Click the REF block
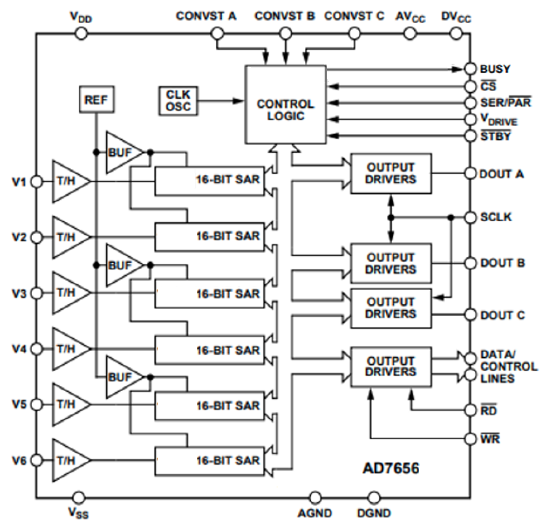[96, 100]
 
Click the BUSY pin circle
[470, 69]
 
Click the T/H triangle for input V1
[68, 181]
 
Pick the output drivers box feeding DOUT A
[391, 173]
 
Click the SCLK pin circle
[470, 218]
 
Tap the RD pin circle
[470, 410]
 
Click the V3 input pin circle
[37, 293]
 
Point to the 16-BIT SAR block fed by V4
[209, 350]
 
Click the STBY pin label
[495, 137]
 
